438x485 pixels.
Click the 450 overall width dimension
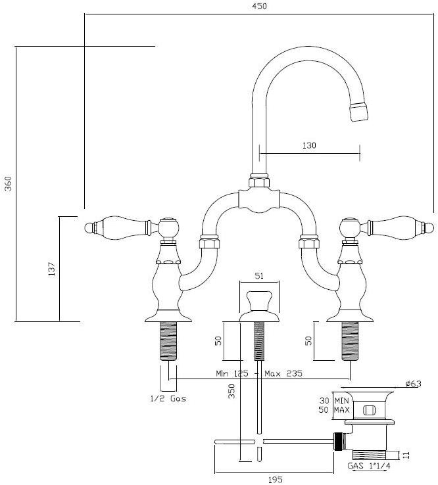[x=258, y=7]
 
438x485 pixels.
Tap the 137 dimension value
[x=51, y=268]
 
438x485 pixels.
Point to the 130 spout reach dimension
[x=309, y=146]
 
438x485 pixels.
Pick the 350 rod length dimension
[x=231, y=392]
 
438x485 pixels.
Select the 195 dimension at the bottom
[x=275, y=480]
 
